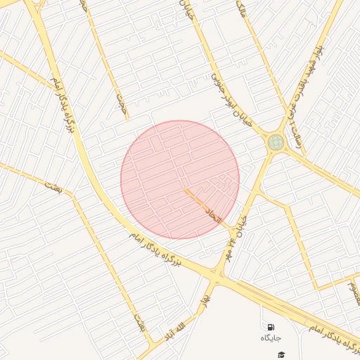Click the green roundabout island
click(x=276, y=143)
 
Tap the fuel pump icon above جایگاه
click(x=271, y=327)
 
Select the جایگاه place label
click(x=271, y=339)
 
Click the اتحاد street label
click(x=212, y=214)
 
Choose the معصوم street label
click(x=354, y=292)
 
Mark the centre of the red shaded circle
click(x=180, y=179)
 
